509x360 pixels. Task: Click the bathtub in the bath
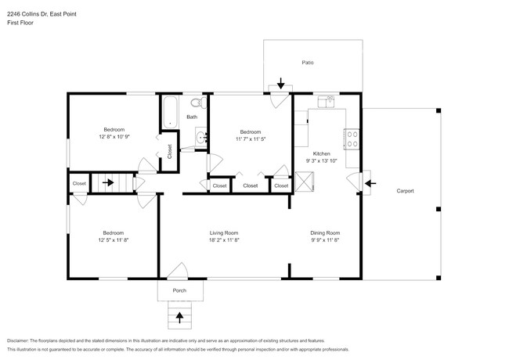click(171, 111)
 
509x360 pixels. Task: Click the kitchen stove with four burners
click(352, 139)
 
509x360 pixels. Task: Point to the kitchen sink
click(327, 101)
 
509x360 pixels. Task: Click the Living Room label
click(223, 232)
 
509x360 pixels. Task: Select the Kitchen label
click(322, 153)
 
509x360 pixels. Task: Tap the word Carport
click(405, 191)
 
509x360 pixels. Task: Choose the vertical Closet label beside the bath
click(170, 151)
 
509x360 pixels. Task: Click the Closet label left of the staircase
click(79, 184)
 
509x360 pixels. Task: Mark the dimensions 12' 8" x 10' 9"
click(114, 137)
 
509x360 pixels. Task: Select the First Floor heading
click(21, 23)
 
